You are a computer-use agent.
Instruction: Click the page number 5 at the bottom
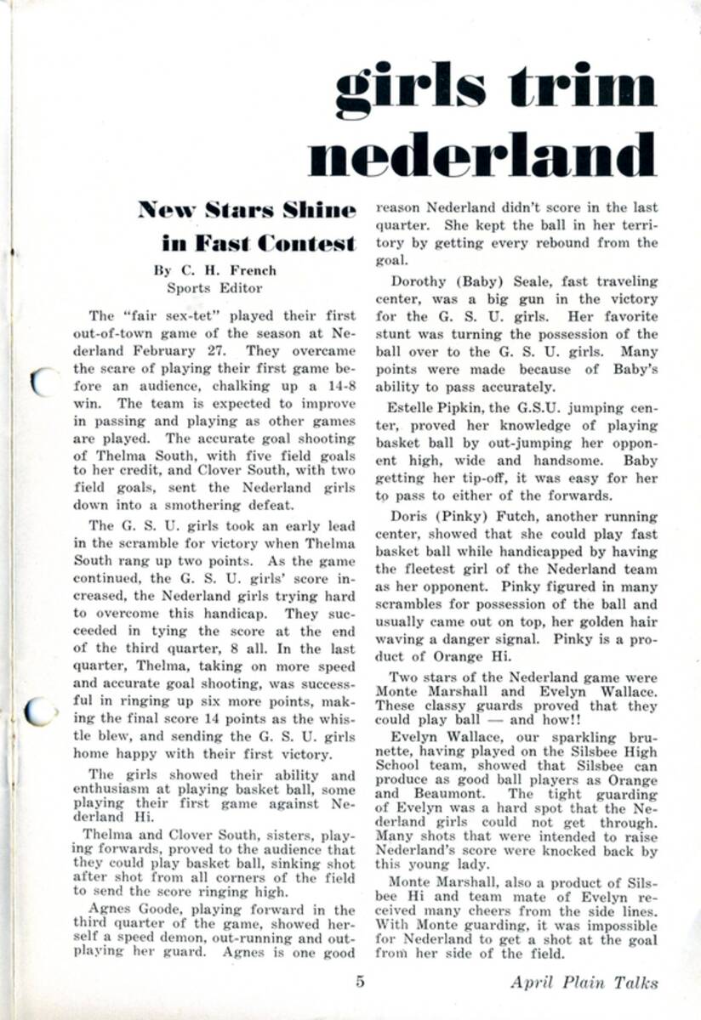tap(360, 983)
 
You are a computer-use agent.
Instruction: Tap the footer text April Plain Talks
tap(584, 983)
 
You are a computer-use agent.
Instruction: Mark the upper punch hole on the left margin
tap(40, 381)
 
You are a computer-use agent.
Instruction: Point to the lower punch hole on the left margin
tap(39, 711)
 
